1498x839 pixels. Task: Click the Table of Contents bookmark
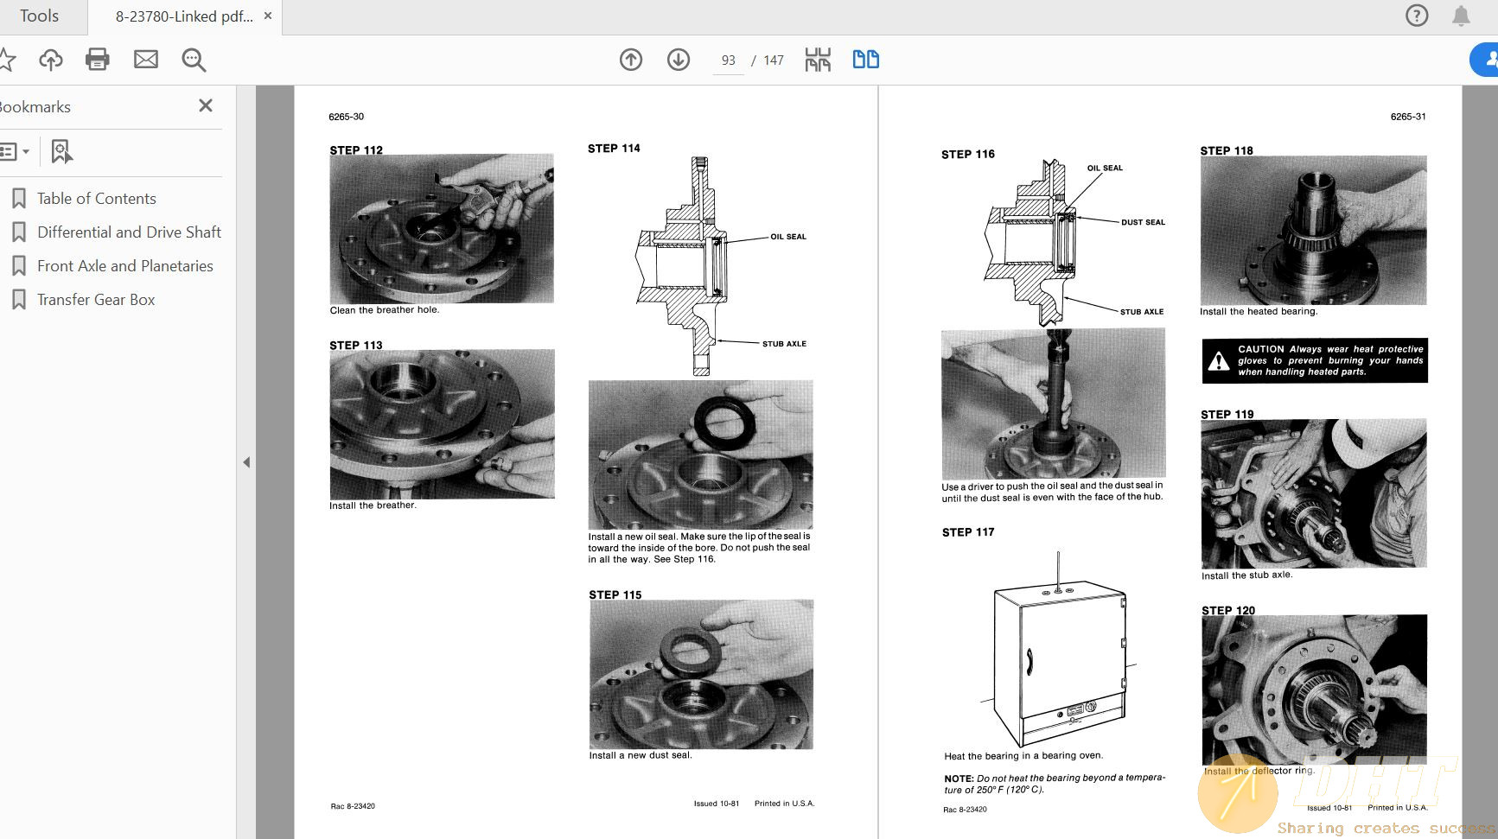pyautogui.click(x=96, y=199)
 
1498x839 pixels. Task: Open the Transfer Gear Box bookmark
pyautogui.click(x=95, y=300)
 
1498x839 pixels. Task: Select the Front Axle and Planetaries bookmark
pyautogui.click(x=124, y=266)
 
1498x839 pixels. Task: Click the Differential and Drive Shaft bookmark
pyautogui.click(x=129, y=232)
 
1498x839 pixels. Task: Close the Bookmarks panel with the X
pyautogui.click(x=205, y=105)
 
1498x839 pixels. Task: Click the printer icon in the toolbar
pyautogui.click(x=98, y=60)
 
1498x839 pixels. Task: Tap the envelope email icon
pyautogui.click(x=146, y=60)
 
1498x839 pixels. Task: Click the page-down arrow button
pyautogui.click(x=679, y=60)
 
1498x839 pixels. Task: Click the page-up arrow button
pyautogui.click(x=631, y=60)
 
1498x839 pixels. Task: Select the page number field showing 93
pyautogui.click(x=728, y=60)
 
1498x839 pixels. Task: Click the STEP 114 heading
pyautogui.click(x=614, y=149)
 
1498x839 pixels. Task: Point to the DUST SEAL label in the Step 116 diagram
pyautogui.click(x=1143, y=223)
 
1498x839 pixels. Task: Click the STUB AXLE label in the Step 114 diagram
pyautogui.click(x=784, y=344)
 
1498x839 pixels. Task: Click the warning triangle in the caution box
pyautogui.click(x=1219, y=361)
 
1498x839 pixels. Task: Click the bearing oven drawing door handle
pyautogui.click(x=1029, y=661)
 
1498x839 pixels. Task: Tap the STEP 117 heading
pyautogui.click(x=968, y=532)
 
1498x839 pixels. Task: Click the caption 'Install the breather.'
pyautogui.click(x=373, y=505)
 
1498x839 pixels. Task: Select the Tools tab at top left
pyautogui.click(x=39, y=16)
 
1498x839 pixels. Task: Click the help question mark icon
pyautogui.click(x=1417, y=16)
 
